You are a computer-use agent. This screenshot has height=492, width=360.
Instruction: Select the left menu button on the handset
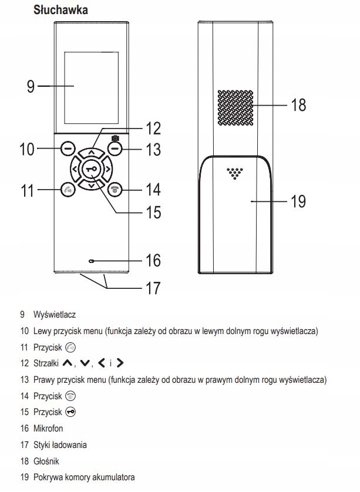[66, 149]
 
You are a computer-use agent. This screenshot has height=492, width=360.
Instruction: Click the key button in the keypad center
[91, 169]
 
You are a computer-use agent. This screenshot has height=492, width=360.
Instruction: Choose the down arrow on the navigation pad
[91, 185]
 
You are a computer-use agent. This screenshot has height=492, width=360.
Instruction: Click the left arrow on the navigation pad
[75, 170]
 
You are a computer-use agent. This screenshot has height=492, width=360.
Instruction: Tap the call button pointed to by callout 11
[66, 190]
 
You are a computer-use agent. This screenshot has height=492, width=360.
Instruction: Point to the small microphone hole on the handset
[91, 260]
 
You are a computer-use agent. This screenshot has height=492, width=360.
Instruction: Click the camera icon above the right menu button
[115, 138]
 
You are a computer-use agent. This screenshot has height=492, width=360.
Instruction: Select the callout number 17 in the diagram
[152, 288]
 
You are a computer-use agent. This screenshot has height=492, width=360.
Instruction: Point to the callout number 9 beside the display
[31, 86]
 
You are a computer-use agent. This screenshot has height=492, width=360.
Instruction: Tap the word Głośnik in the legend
[46, 461]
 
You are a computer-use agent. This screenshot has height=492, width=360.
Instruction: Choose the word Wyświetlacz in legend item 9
[55, 315]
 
